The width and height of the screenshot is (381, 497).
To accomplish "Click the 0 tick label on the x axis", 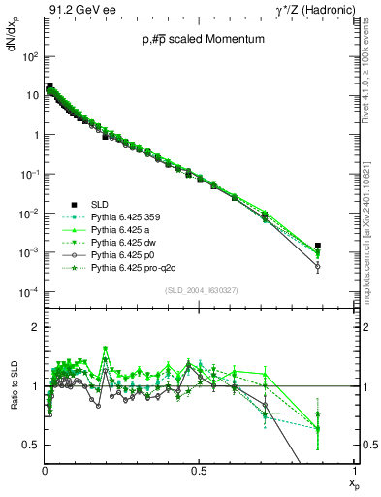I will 46,470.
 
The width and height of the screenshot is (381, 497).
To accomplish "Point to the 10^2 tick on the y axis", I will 29,57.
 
